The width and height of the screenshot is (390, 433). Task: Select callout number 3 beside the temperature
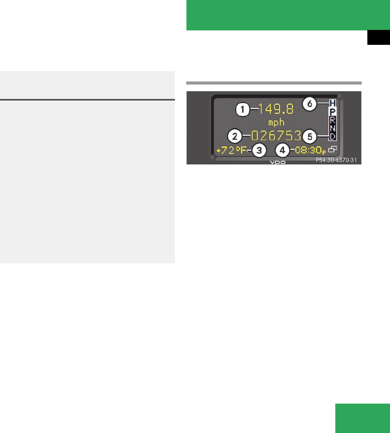tap(259, 151)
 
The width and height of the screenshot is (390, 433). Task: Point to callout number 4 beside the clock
tap(282, 151)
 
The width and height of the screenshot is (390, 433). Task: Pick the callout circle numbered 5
tap(309, 137)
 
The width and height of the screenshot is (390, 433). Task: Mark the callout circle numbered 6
tap(309, 104)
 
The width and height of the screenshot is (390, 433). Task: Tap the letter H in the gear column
tap(332, 104)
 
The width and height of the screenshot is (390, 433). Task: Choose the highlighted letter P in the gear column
tap(332, 111)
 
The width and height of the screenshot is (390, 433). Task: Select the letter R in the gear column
tap(332, 120)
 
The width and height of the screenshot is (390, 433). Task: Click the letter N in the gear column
tap(332, 127)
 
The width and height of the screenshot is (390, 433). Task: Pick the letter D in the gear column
tap(332, 136)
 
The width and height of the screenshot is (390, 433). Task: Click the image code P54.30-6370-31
tap(336, 160)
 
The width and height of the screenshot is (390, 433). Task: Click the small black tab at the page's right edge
tap(378, 39)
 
